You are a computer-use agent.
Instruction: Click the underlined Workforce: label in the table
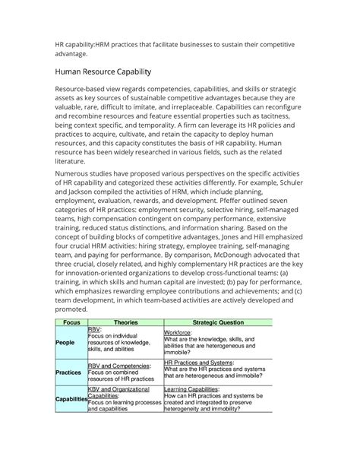[181, 332]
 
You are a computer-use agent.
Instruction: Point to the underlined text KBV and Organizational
[122, 388]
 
